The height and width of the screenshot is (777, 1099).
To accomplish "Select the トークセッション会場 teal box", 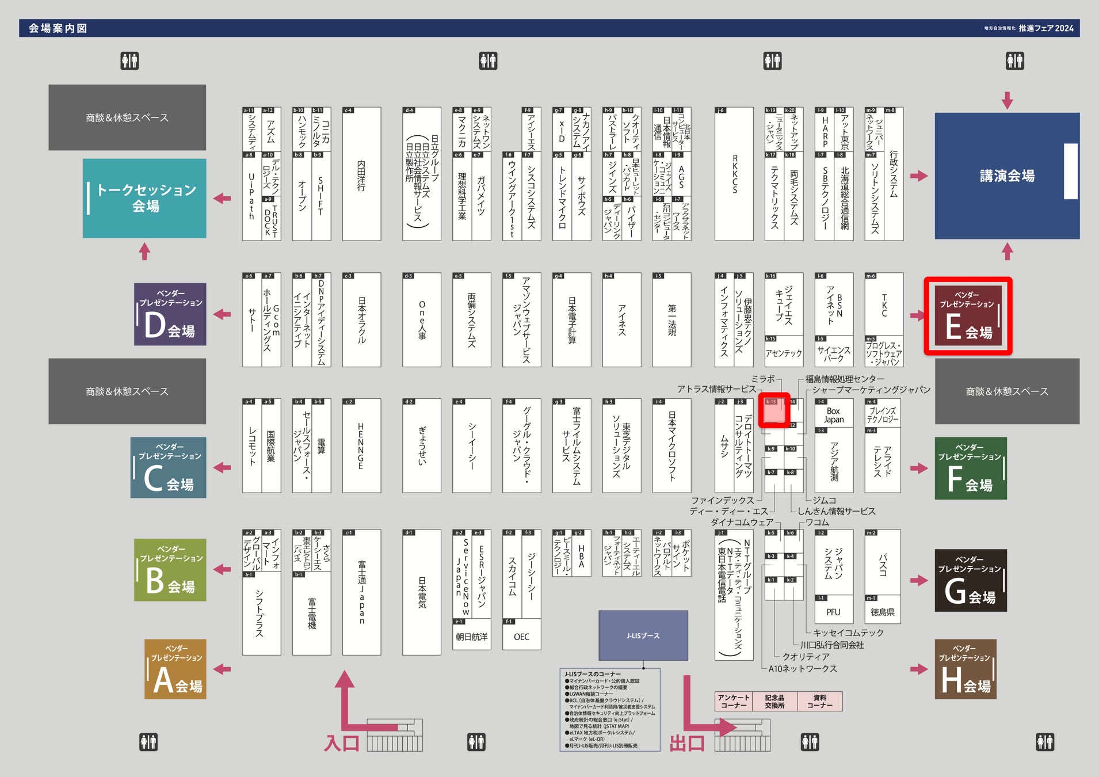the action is point(144,198).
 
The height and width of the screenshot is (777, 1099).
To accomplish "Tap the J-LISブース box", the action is point(643,635).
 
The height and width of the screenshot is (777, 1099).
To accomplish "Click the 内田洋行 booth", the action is point(361,174).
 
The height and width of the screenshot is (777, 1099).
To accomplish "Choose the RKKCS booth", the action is point(734,174).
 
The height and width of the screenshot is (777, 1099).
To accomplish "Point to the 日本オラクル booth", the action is point(361,320).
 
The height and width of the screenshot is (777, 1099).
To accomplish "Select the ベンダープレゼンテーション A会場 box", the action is point(175,669).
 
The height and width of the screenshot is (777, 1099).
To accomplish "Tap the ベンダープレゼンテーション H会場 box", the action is point(965,669).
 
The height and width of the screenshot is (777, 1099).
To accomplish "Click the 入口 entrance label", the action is point(342,743).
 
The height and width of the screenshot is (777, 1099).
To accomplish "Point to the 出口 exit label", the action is point(687,743).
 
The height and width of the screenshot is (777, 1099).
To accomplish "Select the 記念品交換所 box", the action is point(774,702).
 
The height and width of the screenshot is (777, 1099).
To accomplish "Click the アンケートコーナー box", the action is point(734,702).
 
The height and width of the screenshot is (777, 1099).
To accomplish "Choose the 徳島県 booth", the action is point(883,612).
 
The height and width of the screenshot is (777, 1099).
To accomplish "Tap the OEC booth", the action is point(521,637).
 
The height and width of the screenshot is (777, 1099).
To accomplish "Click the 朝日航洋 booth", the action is point(471,637).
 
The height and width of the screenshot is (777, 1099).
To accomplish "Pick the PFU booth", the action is point(833,612).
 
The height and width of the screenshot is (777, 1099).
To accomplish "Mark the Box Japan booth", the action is point(833,415).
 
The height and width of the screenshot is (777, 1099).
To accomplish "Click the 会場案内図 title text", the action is point(58,28).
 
